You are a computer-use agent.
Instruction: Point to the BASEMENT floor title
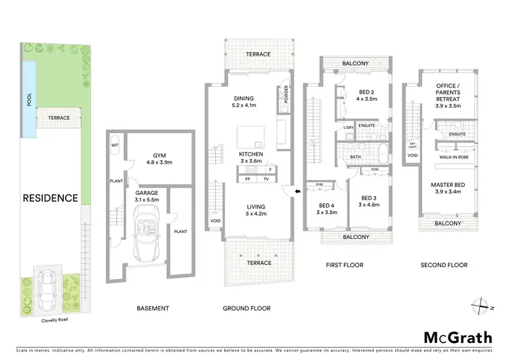click(152, 308)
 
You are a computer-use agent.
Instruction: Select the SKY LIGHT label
click(413, 147)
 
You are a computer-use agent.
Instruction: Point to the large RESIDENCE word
click(51, 198)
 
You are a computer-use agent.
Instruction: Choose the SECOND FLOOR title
click(444, 265)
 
